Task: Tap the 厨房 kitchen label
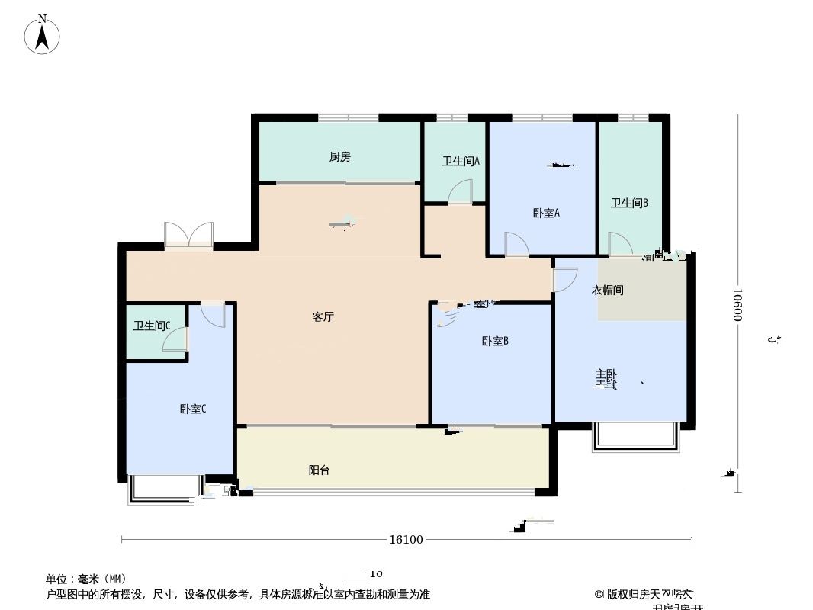340,157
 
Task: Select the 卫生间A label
461,161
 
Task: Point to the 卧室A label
546,213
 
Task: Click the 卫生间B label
629,203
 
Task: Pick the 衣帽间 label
608,291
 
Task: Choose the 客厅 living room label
323,317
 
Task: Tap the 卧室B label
495,341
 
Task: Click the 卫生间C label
152,326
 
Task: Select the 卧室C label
193,409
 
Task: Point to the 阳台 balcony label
320,470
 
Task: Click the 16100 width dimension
406,540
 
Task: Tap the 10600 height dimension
738,305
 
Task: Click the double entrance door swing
188,233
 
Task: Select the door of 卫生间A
461,191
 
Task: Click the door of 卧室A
517,244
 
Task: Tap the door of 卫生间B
620,243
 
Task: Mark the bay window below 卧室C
166,488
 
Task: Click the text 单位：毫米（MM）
86,579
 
